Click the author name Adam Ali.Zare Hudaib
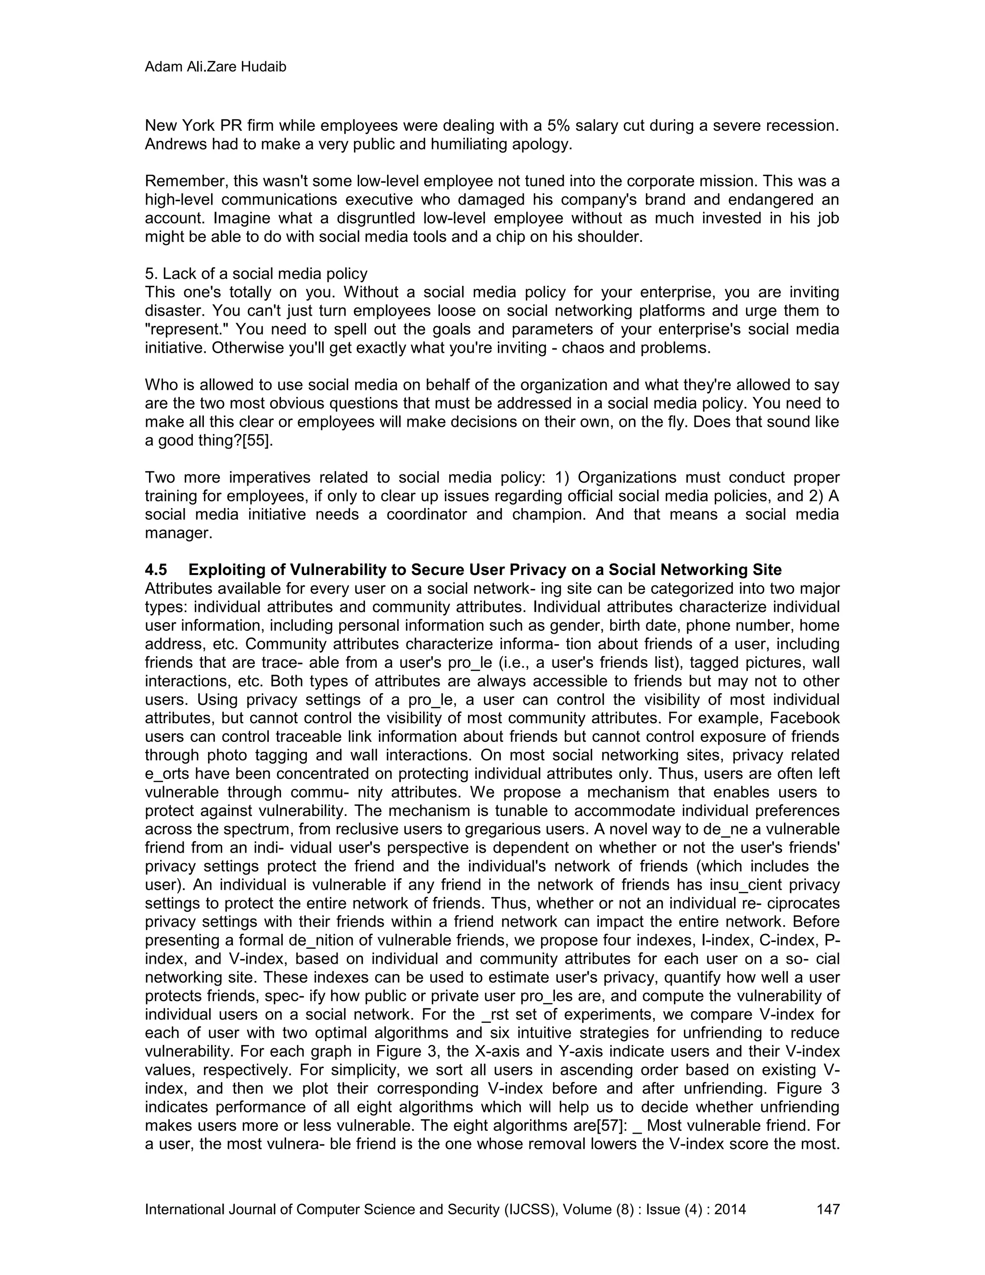coord(215,67)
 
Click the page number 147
coord(827,1209)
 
